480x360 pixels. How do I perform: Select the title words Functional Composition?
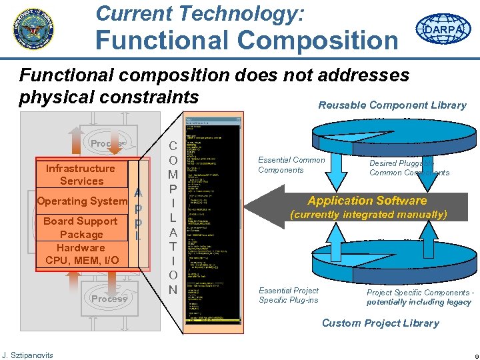pos(246,39)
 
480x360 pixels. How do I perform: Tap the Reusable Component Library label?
pos(392,105)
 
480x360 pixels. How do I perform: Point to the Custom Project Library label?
pos(380,323)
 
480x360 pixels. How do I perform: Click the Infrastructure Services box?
pos(81,175)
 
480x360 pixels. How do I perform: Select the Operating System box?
pos(82,201)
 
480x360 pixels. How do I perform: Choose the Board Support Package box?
pos(81,227)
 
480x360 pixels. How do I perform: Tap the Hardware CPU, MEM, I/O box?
pos(81,253)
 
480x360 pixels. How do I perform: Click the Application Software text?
pos(367,200)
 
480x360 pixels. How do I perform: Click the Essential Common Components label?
pos(291,165)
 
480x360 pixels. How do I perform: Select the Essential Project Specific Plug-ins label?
pos(289,295)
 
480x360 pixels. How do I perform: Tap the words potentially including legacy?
pos(419,302)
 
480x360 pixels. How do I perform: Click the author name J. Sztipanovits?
pos(27,354)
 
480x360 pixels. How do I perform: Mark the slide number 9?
pos(471,355)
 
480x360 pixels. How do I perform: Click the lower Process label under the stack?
pos(109,299)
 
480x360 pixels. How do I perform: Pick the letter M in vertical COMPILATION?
pos(173,174)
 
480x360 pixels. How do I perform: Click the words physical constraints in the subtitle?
pos(109,97)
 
